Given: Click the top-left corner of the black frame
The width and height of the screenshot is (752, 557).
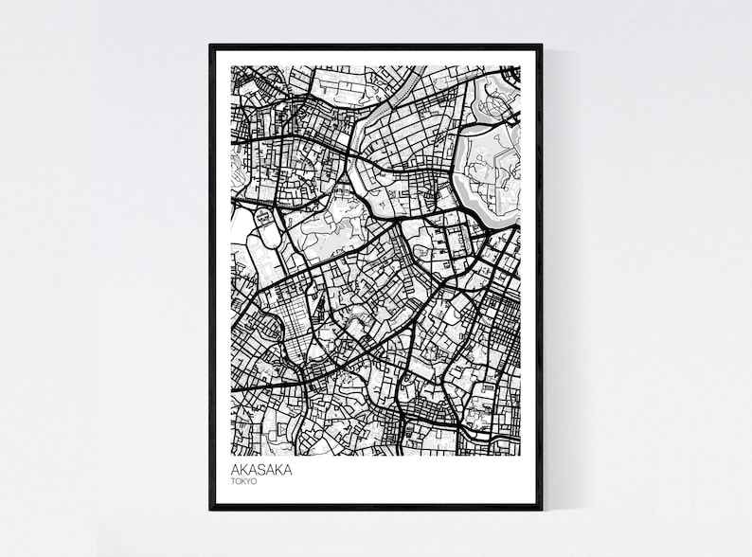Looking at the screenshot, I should tap(211, 45).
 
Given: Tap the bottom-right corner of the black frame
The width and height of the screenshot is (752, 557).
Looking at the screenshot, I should tap(541, 508).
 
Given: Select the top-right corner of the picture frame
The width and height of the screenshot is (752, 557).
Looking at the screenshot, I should tap(541, 45).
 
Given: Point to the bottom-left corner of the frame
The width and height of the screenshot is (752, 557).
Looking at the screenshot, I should tap(211, 508).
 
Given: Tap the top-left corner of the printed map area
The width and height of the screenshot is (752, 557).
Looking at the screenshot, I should tap(232, 66).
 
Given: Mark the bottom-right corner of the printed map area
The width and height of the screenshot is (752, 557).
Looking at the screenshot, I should tap(520, 455).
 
